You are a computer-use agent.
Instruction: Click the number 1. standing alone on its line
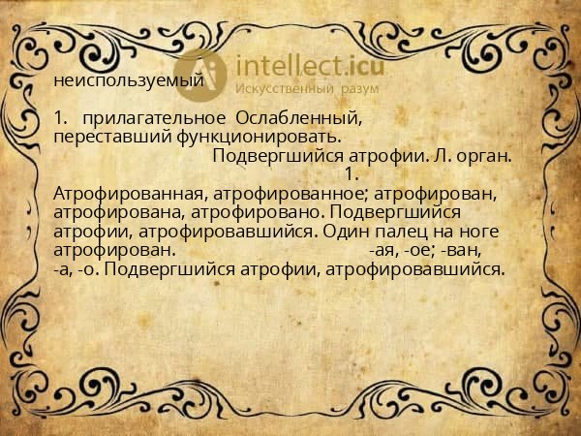(352, 174)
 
